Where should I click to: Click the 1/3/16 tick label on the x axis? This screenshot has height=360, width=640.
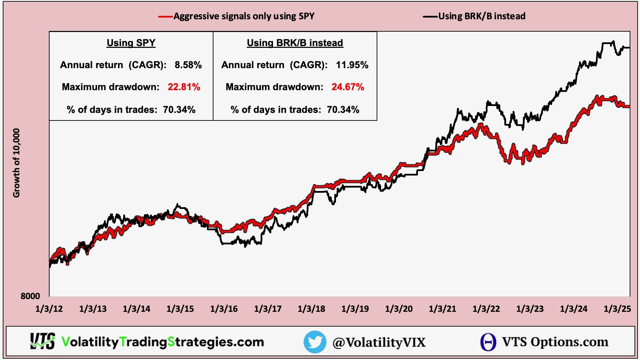pos(224,309)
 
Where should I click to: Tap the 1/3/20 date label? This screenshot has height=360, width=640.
pos(399,309)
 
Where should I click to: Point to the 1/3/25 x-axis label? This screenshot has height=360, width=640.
pos(617,309)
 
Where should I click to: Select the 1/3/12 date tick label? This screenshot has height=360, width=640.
pos(49,309)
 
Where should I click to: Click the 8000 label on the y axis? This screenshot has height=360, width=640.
pos(30,296)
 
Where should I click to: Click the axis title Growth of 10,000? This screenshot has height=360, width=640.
pos(16,163)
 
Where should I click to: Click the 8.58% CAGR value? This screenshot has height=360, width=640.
pos(188,65)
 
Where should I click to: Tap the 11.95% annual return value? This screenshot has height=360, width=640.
pos(352,65)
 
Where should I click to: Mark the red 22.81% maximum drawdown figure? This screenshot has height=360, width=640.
pos(184,87)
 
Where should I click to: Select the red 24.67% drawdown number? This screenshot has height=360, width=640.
pos(348,87)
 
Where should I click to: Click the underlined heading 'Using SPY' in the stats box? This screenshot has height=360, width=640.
pos(131,43)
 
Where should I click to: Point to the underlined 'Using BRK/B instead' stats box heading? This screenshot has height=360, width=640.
pos(295,43)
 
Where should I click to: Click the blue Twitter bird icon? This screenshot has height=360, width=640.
pos(315,342)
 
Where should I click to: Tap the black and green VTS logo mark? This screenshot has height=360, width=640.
pos(42,341)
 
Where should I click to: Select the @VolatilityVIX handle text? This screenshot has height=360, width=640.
pos(379,342)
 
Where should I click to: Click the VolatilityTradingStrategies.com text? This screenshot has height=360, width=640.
pos(162,342)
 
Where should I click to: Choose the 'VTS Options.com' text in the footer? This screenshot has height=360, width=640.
pos(555,342)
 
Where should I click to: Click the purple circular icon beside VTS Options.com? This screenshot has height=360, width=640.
pos(488,342)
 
